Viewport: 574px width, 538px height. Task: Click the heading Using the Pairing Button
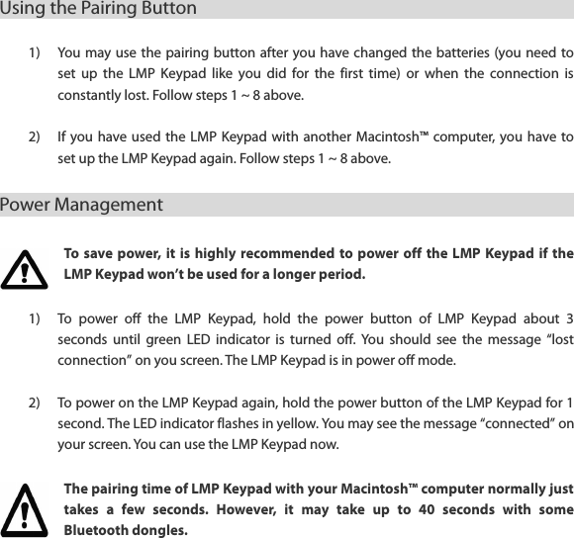click(98, 9)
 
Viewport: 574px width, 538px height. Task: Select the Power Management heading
click(81, 206)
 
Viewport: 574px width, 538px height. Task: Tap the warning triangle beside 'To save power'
click(25, 268)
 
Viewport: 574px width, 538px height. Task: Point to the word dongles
click(163, 530)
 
